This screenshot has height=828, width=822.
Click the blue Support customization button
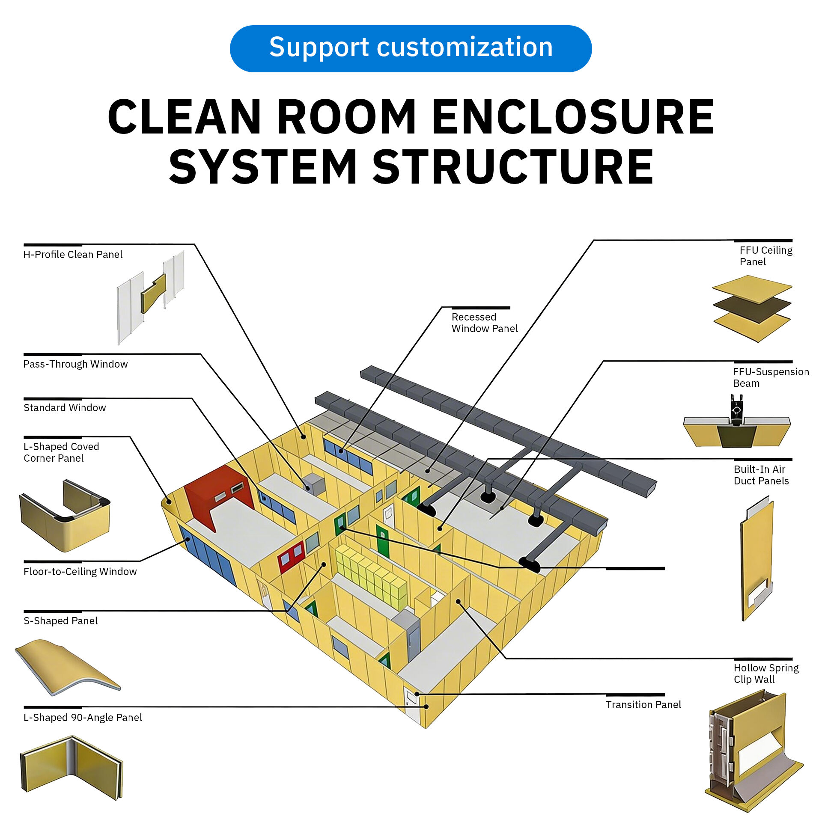click(x=410, y=48)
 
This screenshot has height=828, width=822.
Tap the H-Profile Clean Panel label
click(x=72, y=255)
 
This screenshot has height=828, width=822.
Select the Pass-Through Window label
click(x=75, y=364)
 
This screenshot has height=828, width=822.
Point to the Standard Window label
click(x=64, y=408)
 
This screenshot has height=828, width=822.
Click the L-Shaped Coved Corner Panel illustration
click(x=64, y=516)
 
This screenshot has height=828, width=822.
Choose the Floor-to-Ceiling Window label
click(x=80, y=572)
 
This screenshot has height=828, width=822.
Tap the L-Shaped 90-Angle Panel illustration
click(x=71, y=767)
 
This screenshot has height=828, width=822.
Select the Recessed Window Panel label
click(x=484, y=323)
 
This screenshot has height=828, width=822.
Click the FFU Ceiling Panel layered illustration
click(x=752, y=309)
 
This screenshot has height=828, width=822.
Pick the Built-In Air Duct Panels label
click(x=761, y=475)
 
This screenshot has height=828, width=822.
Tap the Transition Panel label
click(x=643, y=705)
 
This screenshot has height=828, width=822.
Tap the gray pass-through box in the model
click(x=314, y=484)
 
